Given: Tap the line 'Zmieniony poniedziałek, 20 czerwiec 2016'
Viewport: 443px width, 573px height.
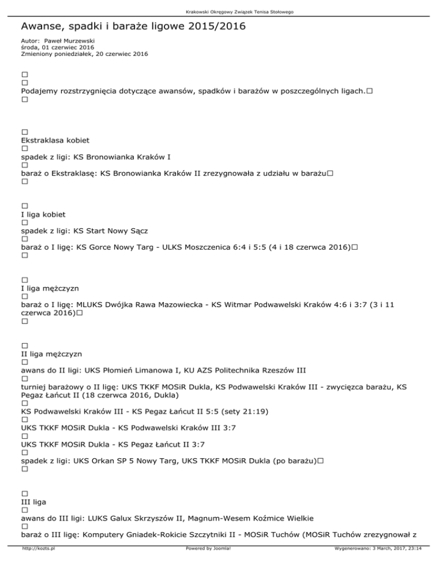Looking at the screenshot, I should pyautogui.click(x=84, y=54).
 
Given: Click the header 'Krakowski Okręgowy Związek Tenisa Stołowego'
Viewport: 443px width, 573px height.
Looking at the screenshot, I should pyautogui.click(x=221, y=12).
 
